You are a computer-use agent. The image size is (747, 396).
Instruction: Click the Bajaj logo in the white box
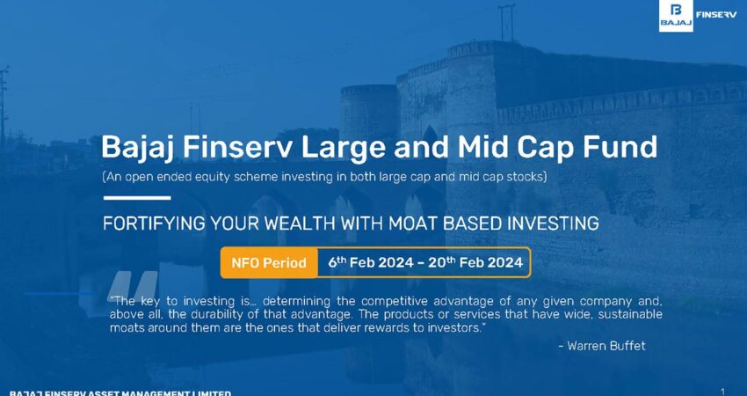[676, 16]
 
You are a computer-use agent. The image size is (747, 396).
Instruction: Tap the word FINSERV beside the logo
[716, 14]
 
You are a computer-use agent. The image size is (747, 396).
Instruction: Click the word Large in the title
[337, 148]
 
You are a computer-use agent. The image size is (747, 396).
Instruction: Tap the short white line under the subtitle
[137, 197]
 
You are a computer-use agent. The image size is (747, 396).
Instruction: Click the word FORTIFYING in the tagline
[151, 224]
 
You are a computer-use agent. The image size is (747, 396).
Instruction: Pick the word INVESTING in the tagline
[552, 224]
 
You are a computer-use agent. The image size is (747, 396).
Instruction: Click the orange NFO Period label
[269, 262]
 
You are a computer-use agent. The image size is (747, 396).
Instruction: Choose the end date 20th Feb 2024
[475, 262]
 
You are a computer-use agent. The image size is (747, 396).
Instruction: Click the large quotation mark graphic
[133, 286]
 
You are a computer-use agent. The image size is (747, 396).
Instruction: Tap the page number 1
[723, 392]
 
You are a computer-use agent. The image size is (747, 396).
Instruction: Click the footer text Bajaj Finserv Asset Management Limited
[120, 393]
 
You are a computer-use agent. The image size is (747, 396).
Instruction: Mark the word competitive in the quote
[412, 302]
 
